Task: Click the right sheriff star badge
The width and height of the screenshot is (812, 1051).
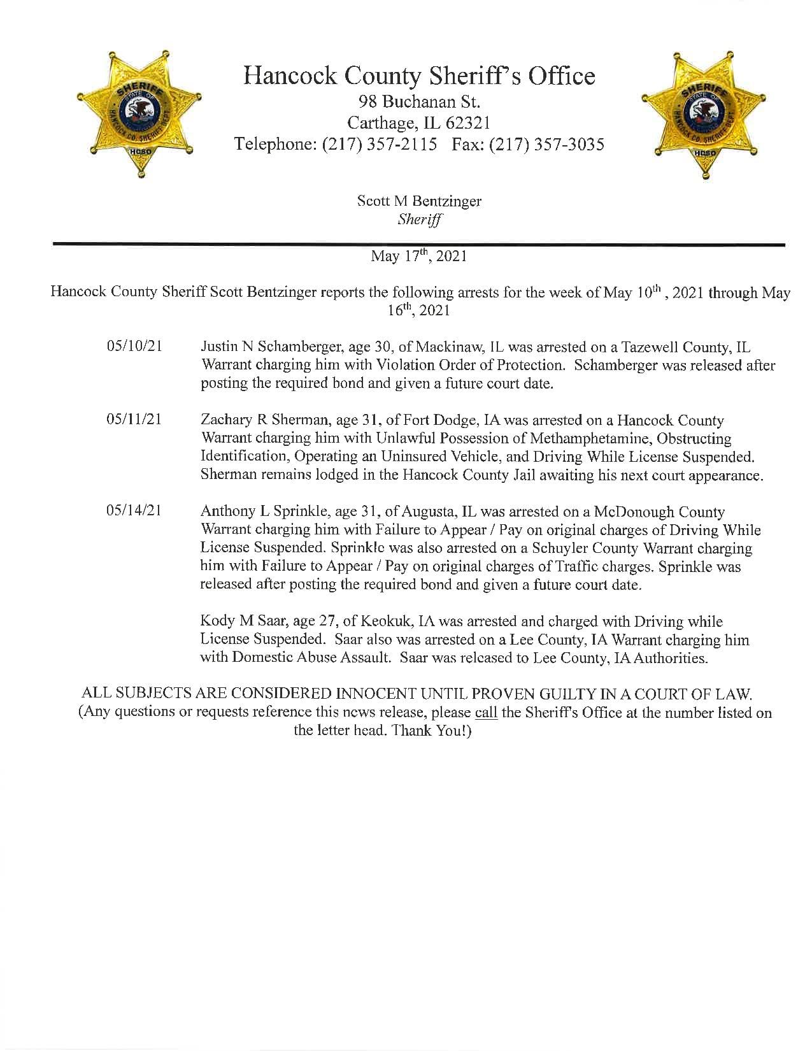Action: [x=706, y=113]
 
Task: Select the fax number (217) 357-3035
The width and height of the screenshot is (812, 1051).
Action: [x=547, y=145]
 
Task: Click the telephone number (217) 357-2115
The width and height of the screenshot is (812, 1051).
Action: [x=380, y=145]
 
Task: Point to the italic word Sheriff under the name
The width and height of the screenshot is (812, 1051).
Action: [x=419, y=219]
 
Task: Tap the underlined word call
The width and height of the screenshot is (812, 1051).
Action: [x=486, y=712]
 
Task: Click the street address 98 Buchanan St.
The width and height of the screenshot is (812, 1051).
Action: [x=419, y=101]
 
